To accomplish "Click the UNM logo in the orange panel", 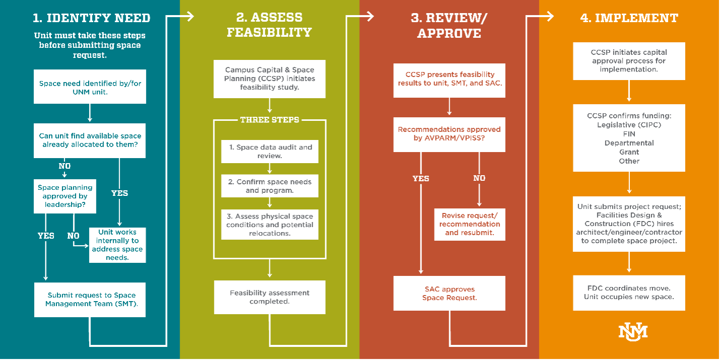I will [633, 331].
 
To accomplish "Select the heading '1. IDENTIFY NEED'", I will [91, 18].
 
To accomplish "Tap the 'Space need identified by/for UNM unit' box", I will [90, 87].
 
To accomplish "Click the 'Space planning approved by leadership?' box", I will [65, 196].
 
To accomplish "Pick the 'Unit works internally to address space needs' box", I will [117, 245].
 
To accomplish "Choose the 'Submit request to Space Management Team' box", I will [90, 299].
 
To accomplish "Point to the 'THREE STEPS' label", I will [269, 120].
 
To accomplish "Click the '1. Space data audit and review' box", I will [270, 152].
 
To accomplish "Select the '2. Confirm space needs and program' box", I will [270, 186].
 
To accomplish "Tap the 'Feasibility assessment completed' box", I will [269, 297].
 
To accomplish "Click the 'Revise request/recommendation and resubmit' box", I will [470, 224].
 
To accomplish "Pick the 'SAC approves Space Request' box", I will [449, 293].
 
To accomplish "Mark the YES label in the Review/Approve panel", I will [421, 178].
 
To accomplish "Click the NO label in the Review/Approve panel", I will [479, 178].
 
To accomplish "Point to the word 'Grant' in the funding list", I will [629, 152].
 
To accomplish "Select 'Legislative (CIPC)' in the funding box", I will [629, 125].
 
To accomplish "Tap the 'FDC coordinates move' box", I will [629, 292].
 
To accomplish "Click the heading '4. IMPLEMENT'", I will [629, 18].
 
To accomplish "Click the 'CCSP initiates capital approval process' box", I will [629, 61].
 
